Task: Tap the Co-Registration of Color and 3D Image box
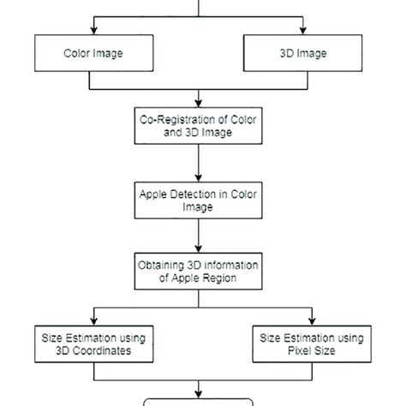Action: coord(199,126)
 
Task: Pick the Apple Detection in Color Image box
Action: coord(199,200)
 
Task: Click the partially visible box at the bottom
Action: coord(199,401)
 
